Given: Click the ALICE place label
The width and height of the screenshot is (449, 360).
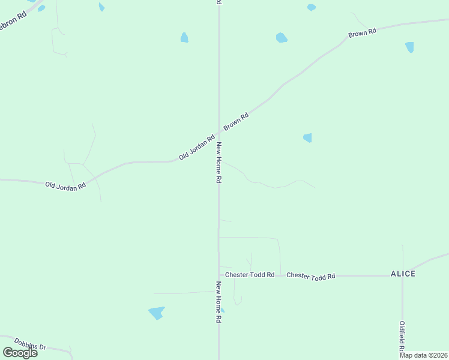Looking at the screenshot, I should pos(403,274).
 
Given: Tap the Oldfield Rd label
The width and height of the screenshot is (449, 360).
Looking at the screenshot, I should pos(402,337).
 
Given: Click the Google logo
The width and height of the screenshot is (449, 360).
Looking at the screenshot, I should pos(20,353).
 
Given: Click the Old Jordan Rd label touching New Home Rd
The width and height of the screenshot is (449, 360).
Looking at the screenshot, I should pos(197,148).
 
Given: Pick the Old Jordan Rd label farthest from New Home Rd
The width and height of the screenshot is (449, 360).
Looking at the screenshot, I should pos(65,185).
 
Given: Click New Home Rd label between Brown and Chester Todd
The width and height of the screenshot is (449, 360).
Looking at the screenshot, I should pos(219,163).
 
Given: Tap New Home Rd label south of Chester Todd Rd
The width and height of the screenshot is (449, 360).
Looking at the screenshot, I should pos(219,302).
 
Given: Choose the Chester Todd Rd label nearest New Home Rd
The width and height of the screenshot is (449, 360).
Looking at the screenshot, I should pos(250,275).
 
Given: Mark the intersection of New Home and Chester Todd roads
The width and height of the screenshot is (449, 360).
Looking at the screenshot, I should pos(218,275).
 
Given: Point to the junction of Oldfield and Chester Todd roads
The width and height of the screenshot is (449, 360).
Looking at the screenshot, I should pos(402,276).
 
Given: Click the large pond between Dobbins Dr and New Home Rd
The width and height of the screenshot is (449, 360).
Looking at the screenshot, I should pos(156,313).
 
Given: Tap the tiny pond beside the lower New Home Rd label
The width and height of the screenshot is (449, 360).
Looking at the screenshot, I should pos(222,310).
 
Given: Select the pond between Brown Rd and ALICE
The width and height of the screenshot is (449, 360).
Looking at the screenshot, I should pos(307,137).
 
